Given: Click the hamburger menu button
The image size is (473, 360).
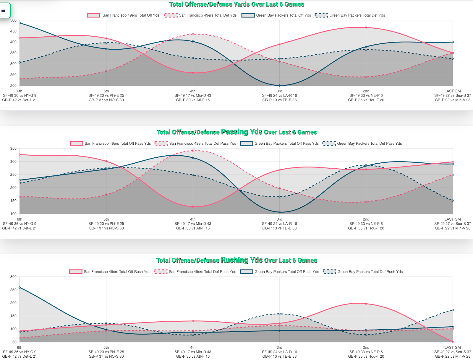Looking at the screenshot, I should pyautogui.click(x=4, y=10).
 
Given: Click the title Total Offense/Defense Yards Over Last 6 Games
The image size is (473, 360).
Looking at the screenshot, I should pyautogui.click(x=237, y=4).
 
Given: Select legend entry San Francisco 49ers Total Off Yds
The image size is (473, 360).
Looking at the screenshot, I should pyautogui.click(x=123, y=15).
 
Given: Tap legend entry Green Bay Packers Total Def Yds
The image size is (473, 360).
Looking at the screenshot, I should pyautogui.click(x=350, y=15).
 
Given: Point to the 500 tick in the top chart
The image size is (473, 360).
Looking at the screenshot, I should pyautogui.click(x=13, y=20).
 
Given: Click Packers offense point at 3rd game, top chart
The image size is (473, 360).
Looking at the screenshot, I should pyautogui.click(x=279, y=86).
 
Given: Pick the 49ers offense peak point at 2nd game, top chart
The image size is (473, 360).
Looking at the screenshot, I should pyautogui.click(x=366, y=27).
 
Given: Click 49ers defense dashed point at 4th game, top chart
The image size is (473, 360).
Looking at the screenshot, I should pyautogui.click(x=193, y=34).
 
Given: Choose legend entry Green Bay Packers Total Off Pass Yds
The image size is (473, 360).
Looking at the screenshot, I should pyautogui.click(x=279, y=144).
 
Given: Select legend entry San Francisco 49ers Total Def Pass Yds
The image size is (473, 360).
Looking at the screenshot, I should pyautogui.click(x=195, y=144).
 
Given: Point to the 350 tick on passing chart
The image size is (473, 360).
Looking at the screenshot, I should pyautogui.click(x=13, y=149).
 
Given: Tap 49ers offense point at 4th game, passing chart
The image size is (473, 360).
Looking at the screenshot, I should pyautogui.click(x=193, y=206).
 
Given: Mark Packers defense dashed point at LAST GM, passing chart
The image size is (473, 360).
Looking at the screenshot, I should pyautogui.click(x=453, y=201).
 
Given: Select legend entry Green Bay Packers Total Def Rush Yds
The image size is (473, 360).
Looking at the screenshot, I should pyautogui.click(x=363, y=272).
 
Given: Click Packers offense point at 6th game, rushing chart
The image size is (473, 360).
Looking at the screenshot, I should pyautogui.click(x=20, y=287).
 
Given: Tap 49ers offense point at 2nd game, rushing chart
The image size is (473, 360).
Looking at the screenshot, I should pyautogui.click(x=366, y=304).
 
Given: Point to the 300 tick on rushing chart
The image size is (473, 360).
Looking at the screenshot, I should pyautogui.click(x=13, y=277).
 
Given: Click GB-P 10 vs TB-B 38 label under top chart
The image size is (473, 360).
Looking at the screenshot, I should pyautogui.click(x=279, y=100).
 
